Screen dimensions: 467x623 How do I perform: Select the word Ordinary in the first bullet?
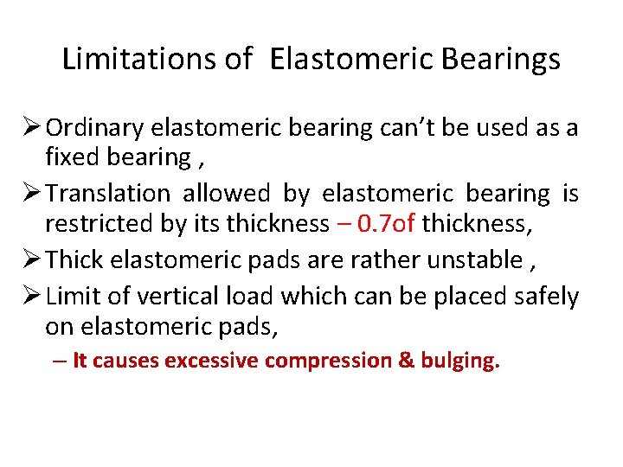click(x=94, y=128)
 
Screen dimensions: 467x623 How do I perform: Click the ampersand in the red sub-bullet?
click(x=406, y=361)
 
